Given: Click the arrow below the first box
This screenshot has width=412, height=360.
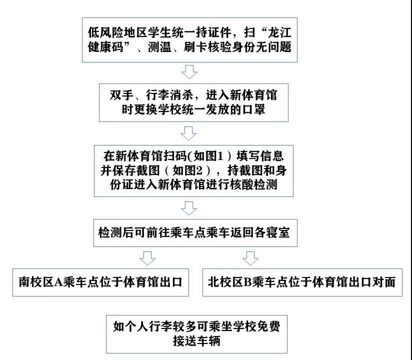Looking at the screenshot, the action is click(x=189, y=71).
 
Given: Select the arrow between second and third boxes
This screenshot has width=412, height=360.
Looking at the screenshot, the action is click(x=188, y=133).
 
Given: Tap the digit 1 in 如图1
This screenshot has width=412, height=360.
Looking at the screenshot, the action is click(x=220, y=156).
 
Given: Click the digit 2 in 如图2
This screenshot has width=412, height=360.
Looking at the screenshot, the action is click(x=199, y=171).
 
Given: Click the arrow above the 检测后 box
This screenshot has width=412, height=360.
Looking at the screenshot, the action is click(x=189, y=208).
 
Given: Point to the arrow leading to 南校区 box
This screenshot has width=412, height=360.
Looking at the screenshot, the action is click(x=147, y=258).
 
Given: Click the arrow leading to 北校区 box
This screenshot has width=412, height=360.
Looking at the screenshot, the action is click(x=250, y=258).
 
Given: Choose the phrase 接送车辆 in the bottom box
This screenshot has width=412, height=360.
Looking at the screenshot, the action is click(x=196, y=341).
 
